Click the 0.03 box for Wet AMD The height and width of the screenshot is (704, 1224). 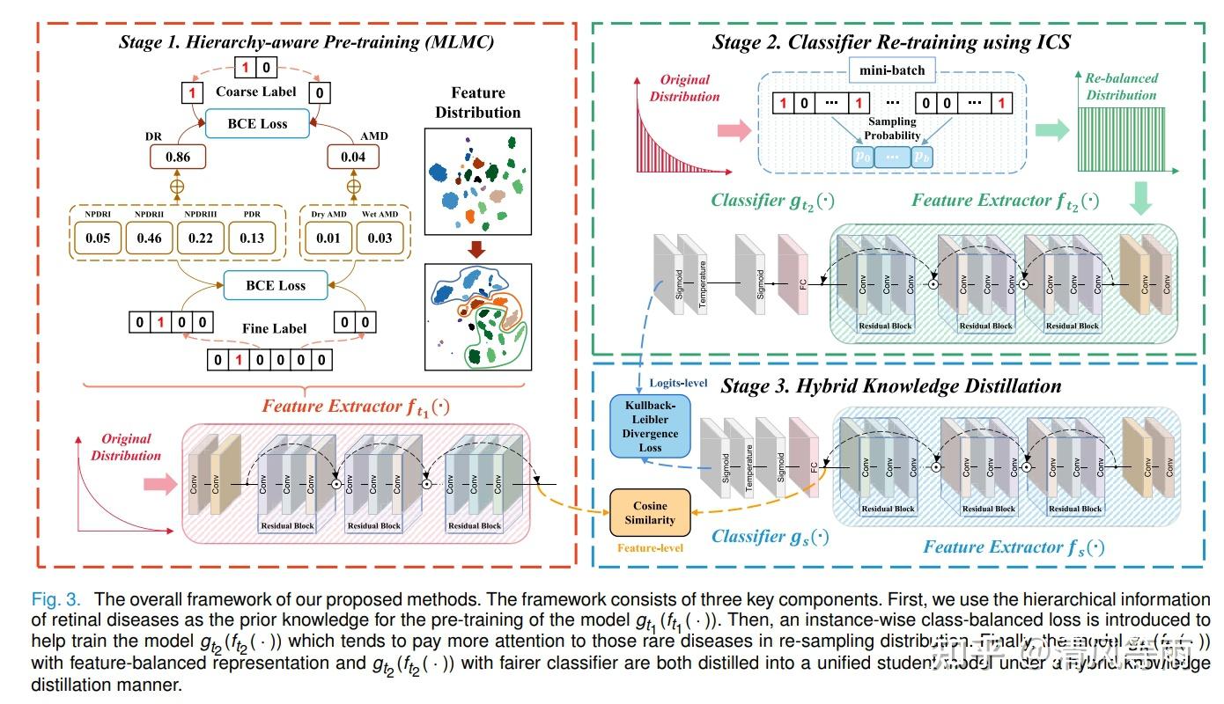(380, 238)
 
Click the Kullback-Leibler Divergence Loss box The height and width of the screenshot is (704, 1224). (651, 426)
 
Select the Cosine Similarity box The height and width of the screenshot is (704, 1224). (651, 513)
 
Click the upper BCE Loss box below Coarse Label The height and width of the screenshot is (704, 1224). (257, 123)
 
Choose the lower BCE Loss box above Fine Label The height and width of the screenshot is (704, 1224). (275, 285)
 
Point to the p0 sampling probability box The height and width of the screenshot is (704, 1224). (863, 156)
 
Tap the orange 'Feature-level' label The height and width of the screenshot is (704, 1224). (651, 548)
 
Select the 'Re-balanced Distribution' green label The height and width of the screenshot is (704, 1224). (1121, 86)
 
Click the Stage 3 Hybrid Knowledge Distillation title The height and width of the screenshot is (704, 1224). (891, 385)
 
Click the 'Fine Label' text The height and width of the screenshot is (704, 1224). (275, 328)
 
